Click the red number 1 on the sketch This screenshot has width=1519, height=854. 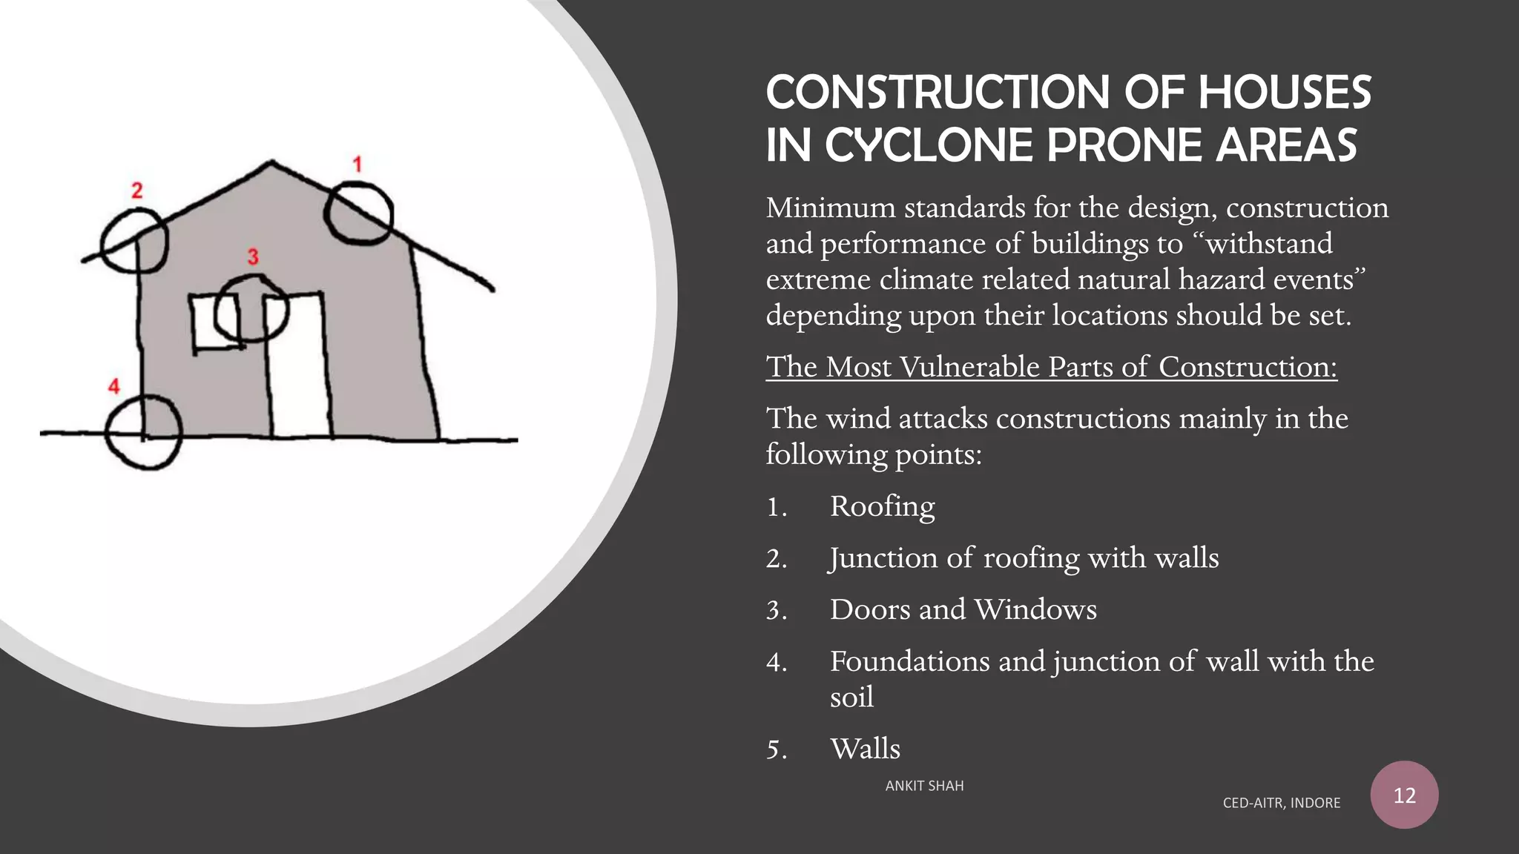[357, 165]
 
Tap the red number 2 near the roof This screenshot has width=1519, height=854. [136, 191]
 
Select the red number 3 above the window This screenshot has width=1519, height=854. [253, 257]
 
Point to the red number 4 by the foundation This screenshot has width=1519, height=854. [113, 386]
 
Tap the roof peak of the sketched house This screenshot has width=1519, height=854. [271, 162]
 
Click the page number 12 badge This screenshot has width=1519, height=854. [1404, 795]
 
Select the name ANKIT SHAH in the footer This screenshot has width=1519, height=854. [924, 786]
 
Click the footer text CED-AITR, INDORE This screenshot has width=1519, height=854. [1281, 803]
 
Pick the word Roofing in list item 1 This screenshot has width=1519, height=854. [882, 507]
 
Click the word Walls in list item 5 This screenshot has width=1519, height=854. [865, 749]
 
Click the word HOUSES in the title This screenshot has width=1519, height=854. [1284, 93]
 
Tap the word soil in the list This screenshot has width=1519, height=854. [851, 698]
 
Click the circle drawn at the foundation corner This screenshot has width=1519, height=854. [144, 432]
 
